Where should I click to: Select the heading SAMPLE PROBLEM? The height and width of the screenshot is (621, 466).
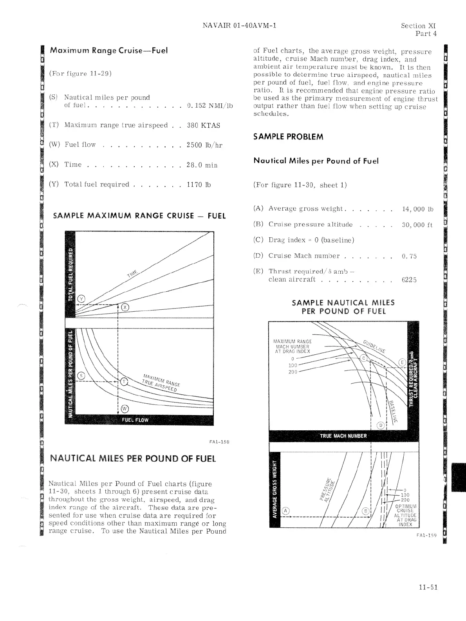(288, 137)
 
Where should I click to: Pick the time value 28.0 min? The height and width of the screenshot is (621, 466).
(202, 165)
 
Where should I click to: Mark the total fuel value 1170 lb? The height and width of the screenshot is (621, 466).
(199, 184)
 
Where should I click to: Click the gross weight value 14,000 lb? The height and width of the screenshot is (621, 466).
(418, 209)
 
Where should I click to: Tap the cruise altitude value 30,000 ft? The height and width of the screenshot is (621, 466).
(418, 225)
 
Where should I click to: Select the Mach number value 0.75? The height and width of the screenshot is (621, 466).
(409, 256)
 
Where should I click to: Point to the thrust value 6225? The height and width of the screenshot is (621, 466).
(409, 280)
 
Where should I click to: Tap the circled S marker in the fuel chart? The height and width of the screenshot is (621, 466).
(81, 375)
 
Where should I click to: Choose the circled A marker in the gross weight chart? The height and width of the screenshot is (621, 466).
(286, 511)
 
